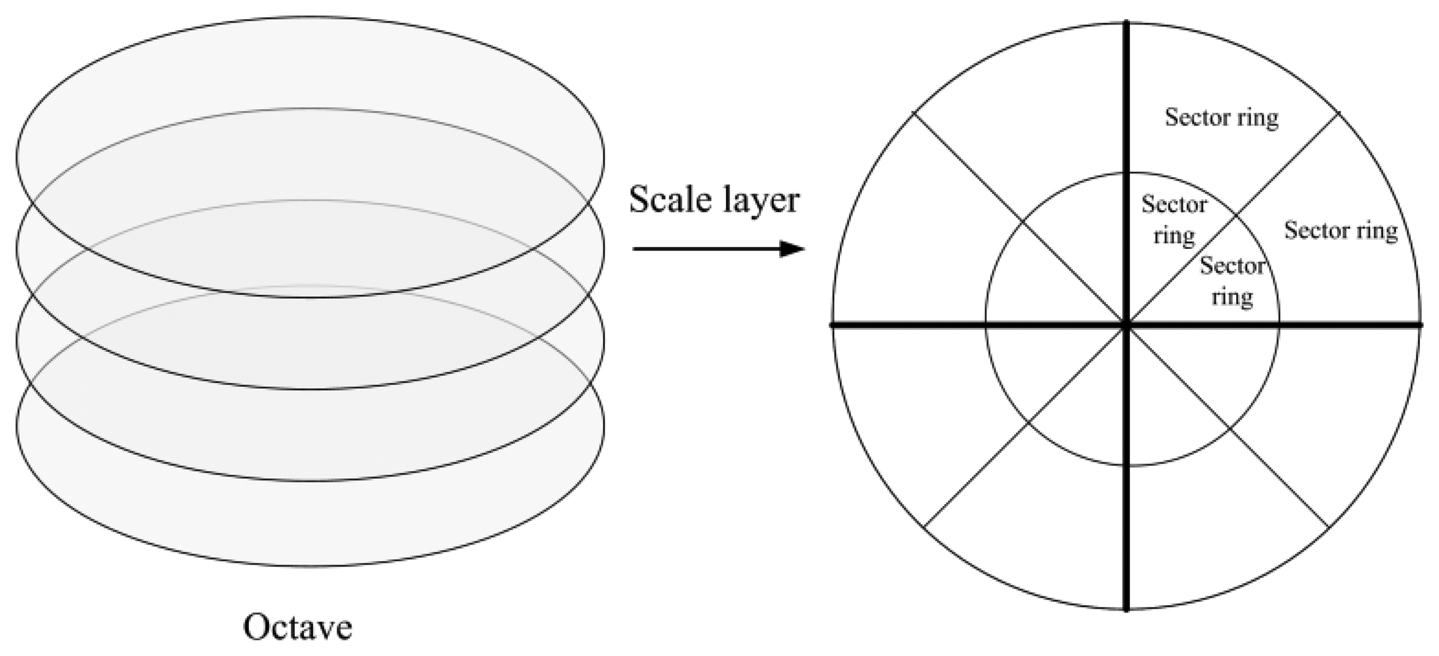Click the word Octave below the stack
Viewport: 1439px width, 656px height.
tap(297, 627)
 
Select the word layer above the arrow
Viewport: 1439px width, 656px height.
tap(765, 201)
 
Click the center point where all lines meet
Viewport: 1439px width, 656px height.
tap(1126, 324)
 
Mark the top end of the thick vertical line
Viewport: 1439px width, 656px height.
tap(1126, 23)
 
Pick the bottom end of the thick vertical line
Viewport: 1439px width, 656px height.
tap(1126, 611)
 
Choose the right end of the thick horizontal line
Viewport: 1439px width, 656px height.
tap(1421, 325)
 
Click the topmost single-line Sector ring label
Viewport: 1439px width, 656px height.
tap(1221, 118)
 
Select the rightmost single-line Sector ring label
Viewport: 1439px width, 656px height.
tap(1341, 231)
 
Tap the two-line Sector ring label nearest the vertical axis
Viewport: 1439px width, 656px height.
tap(1174, 220)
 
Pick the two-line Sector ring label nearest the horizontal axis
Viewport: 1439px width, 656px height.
tap(1232, 281)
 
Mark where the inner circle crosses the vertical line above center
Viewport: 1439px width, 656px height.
tap(1126, 173)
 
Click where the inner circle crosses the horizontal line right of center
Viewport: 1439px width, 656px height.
tap(1279, 324)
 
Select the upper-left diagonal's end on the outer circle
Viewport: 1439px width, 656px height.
tap(914, 112)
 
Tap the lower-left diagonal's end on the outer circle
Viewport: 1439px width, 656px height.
tap(923, 527)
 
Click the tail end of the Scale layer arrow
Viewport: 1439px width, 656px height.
tap(633, 249)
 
